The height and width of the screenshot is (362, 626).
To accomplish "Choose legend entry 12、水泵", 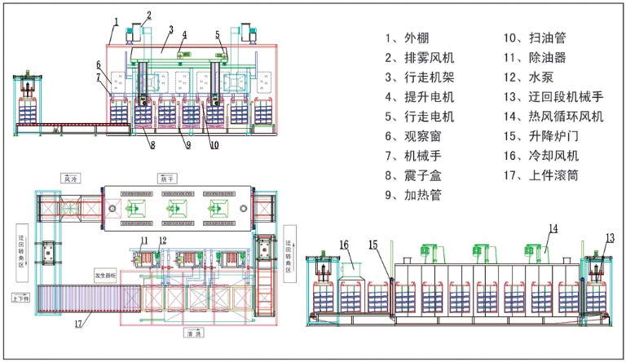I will tap(529, 77).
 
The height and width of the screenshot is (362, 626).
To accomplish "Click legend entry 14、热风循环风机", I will tap(554, 117).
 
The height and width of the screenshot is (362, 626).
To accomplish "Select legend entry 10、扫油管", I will tap(534, 38).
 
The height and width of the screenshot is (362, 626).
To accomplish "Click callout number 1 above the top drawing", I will tap(116, 20).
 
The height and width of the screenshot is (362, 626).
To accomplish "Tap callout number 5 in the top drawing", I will tap(218, 34).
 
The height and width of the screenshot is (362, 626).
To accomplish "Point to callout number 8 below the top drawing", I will tap(151, 146).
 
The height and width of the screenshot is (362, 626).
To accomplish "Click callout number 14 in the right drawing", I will tap(553, 229).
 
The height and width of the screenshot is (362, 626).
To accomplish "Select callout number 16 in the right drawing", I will tap(344, 243).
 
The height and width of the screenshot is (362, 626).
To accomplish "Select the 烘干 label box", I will tap(167, 177).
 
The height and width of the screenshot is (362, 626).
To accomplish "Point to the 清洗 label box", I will tap(192, 333).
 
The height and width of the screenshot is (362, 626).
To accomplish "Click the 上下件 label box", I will tap(20, 297).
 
